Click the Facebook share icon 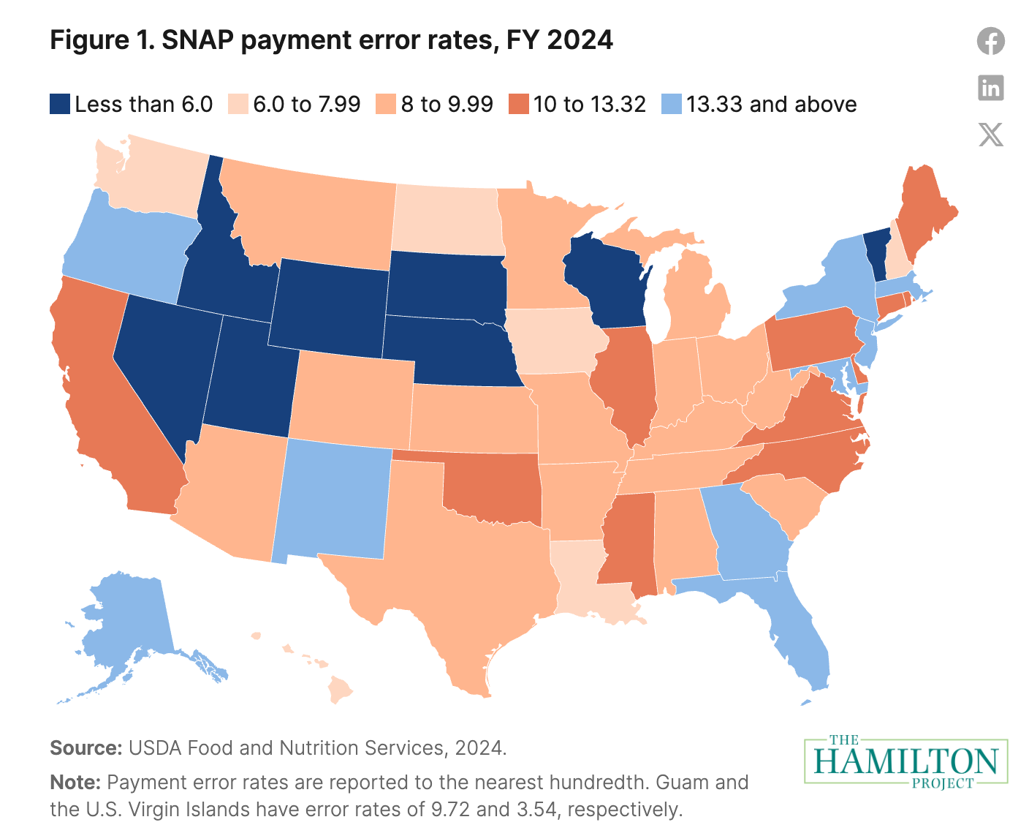coord(990,40)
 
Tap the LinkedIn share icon coord(990,88)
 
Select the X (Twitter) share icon coord(990,135)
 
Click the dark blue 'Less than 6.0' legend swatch coord(60,105)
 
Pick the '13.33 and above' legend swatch coord(671,105)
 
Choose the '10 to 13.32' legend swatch coord(519,105)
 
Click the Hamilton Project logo coord(905,761)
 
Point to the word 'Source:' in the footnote coord(86,748)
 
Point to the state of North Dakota coord(446,219)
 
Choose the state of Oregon coord(132,249)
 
